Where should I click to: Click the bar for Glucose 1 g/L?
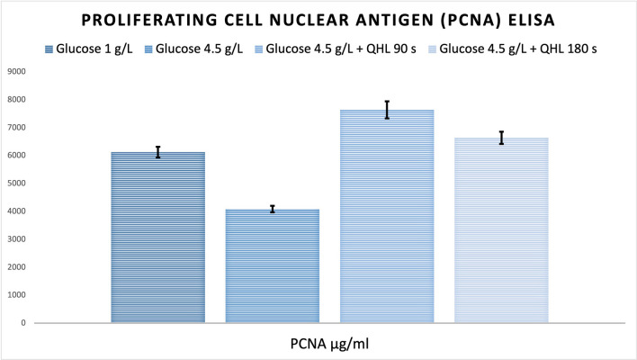click(158, 238)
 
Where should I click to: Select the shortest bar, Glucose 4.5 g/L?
click(273, 266)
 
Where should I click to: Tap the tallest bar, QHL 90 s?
click(387, 216)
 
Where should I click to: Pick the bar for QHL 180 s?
click(501, 230)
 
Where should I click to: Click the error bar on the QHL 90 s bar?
click(387, 110)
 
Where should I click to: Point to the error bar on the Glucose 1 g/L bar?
click(158, 152)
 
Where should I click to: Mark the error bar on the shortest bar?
click(273, 210)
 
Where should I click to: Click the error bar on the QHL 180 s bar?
click(502, 138)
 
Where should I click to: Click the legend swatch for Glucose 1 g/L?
click(49, 49)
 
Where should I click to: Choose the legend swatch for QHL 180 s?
click(432, 49)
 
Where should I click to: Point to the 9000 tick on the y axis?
click(16, 71)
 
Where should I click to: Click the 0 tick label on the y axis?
click(23, 323)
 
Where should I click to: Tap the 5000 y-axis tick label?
click(16, 184)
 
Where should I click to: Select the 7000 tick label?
click(16, 128)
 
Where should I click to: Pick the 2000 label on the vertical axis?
click(16, 267)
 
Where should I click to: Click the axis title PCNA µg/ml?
click(329, 344)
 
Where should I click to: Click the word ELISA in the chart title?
click(532, 21)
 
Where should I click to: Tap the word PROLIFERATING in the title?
click(149, 21)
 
